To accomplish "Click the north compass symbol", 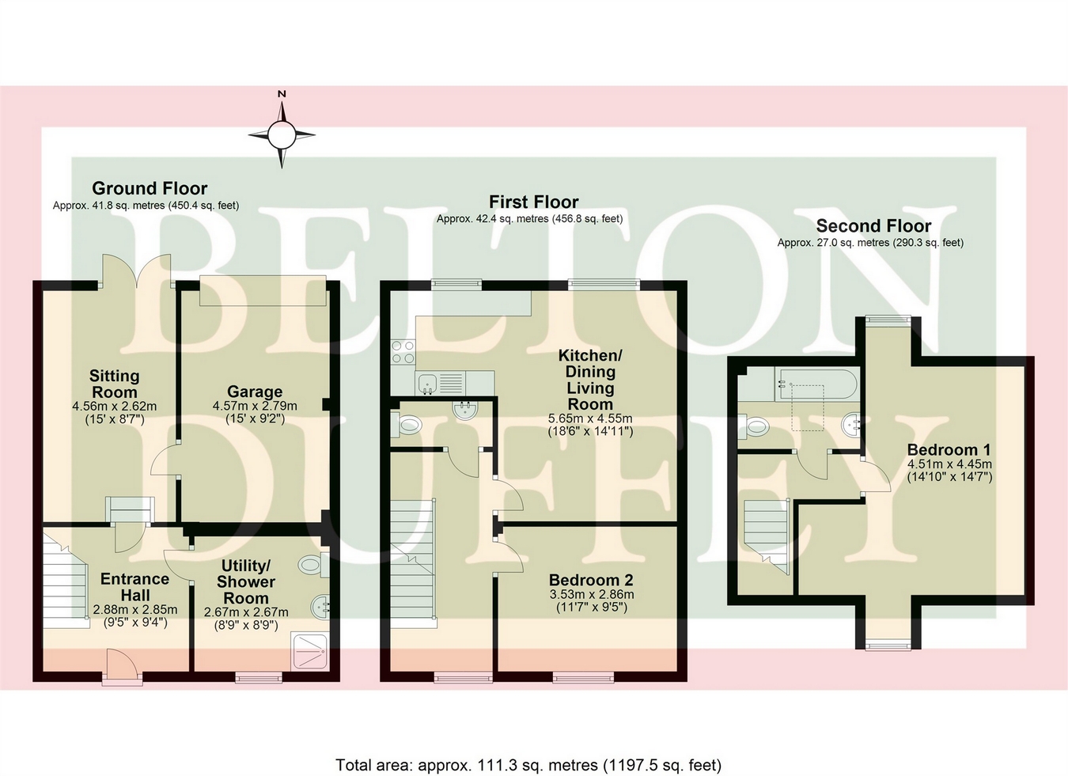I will [x=281, y=134].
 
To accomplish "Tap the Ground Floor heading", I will [x=150, y=188].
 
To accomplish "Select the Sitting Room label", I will [x=114, y=384].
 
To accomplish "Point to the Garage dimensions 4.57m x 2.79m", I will [x=255, y=406].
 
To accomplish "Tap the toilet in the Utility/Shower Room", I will [x=311, y=565].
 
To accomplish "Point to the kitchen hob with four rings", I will [x=403, y=352].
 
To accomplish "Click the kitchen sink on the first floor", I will [x=429, y=383].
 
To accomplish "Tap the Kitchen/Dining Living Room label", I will [x=590, y=380].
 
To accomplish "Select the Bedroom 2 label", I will [x=591, y=580].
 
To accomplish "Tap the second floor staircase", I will [x=767, y=534].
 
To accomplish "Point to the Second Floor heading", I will [x=873, y=226].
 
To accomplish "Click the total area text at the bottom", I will [x=528, y=765].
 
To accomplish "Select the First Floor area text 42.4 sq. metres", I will [x=529, y=218].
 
